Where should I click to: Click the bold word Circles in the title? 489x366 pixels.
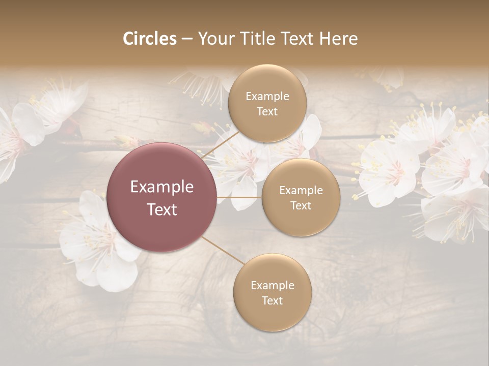149,39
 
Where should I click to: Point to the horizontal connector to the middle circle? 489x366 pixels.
239,197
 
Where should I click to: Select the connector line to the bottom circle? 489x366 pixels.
223,251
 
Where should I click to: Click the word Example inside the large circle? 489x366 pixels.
162,187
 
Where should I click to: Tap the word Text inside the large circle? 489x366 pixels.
162,209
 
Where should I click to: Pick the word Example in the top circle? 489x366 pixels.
267,97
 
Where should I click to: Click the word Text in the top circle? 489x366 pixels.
267,112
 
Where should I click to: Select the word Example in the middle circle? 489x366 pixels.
301,191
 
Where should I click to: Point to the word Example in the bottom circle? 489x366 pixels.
272,286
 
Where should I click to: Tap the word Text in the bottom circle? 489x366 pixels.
272,301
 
